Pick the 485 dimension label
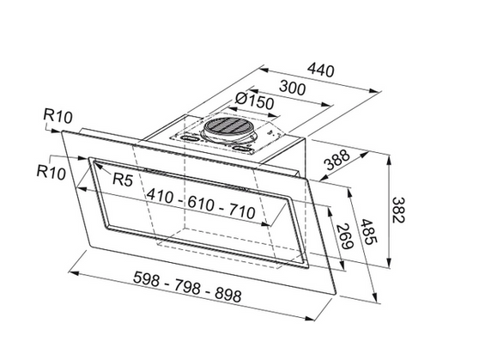coord(371,225)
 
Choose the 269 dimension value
coord(342,233)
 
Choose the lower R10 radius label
coord(52,170)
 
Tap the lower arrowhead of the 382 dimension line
coord(391,264)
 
